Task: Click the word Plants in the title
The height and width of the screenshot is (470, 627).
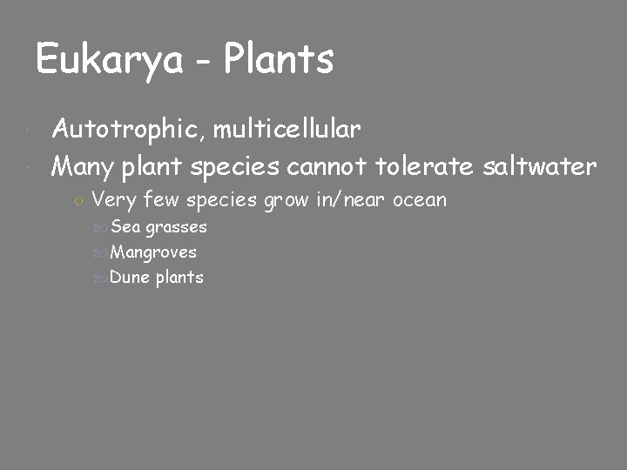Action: tap(279, 60)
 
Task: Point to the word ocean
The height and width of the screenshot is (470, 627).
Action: tap(420, 200)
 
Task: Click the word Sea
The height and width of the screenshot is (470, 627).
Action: tap(126, 227)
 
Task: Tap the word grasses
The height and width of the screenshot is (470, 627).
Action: tap(176, 228)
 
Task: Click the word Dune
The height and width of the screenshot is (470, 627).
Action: tap(131, 278)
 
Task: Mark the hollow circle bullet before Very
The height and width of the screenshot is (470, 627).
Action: tap(78, 201)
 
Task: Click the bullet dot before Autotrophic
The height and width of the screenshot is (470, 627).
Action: tap(30, 131)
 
